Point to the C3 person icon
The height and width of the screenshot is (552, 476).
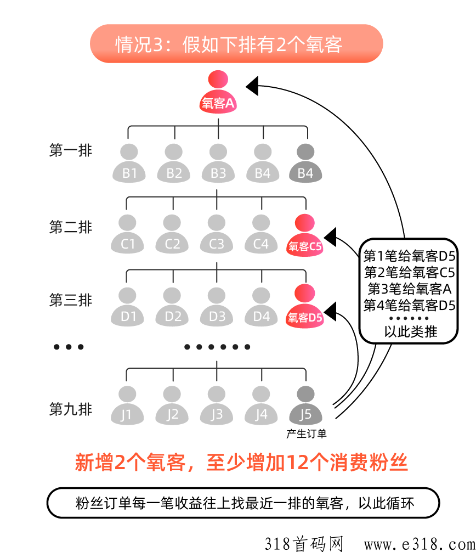pyautogui.click(x=217, y=235)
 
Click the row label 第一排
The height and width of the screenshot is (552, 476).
pyautogui.click(x=71, y=151)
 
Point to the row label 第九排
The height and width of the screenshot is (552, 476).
pyautogui.click(x=71, y=409)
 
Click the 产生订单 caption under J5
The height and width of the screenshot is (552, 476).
pyautogui.click(x=306, y=433)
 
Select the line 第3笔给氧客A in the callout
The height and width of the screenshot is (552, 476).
pyautogui.click(x=409, y=288)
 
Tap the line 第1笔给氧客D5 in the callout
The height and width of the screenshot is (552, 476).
pyautogui.click(x=409, y=256)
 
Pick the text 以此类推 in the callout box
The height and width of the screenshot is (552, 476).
pyautogui.click(x=409, y=332)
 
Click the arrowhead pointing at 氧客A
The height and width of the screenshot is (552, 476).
pyautogui.click(x=252, y=86)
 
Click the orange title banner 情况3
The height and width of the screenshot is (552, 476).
pyautogui.click(x=236, y=44)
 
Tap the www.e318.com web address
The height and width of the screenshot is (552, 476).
pyautogui.click(x=417, y=543)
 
